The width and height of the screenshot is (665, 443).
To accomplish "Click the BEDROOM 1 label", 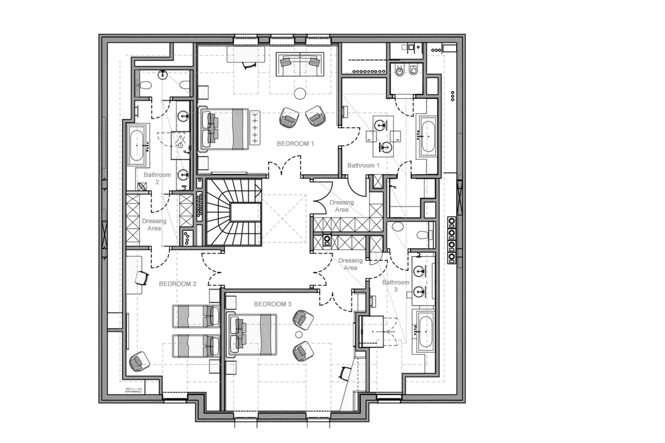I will pyautogui.click(x=295, y=144).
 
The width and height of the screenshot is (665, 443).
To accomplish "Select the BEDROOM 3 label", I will pyautogui.click(x=272, y=304).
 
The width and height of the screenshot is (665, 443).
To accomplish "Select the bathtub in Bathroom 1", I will pyautogui.click(x=428, y=136).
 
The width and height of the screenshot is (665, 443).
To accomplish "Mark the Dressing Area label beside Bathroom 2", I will pyautogui.click(x=154, y=225).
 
